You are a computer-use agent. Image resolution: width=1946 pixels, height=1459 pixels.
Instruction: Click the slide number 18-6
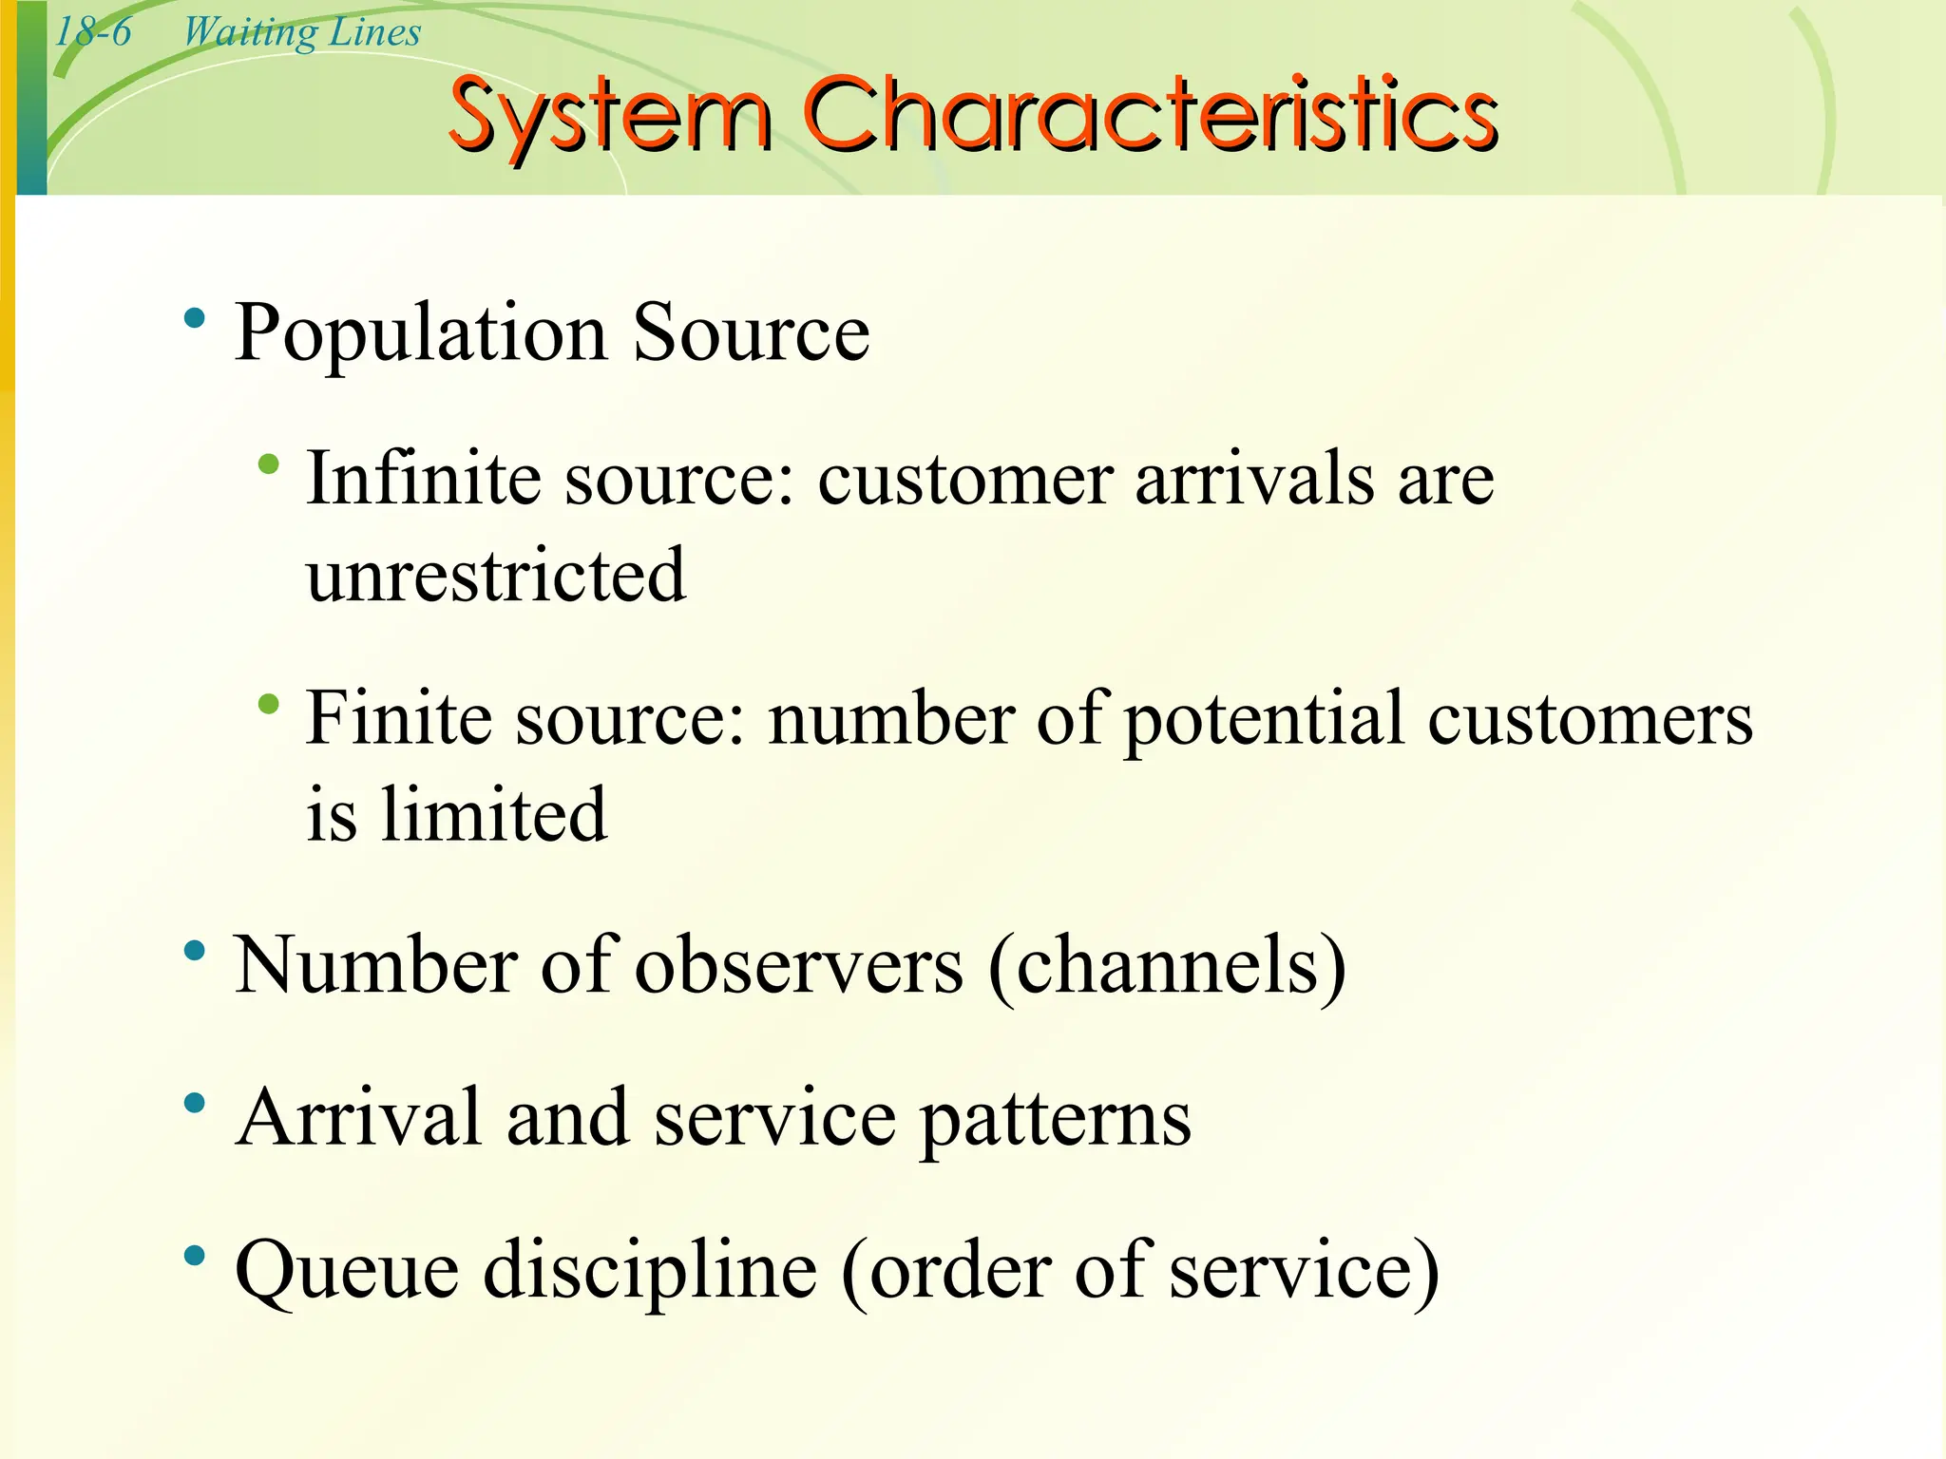pos(93,32)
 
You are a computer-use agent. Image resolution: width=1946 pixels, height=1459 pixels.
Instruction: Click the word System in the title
pos(609,116)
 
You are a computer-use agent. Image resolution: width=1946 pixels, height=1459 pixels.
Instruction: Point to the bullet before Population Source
pos(195,319)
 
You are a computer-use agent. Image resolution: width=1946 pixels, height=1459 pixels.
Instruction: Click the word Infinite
pos(425,478)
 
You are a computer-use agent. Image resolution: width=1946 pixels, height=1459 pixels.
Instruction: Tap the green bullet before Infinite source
pos(269,464)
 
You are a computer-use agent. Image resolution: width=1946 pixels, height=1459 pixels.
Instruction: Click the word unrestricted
pos(495,575)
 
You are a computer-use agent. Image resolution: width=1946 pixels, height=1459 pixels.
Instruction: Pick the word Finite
pos(400,718)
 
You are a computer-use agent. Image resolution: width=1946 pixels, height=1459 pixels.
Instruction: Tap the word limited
pos(493,814)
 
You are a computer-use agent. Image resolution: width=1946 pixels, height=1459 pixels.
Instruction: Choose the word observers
pos(799,965)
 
